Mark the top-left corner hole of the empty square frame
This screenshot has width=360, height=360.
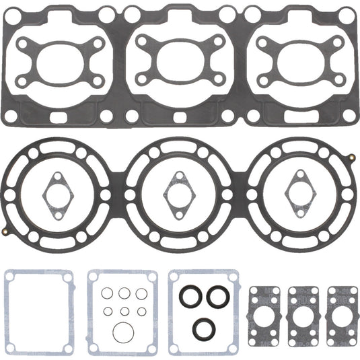pyautogui.click(x=9, y=276)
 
